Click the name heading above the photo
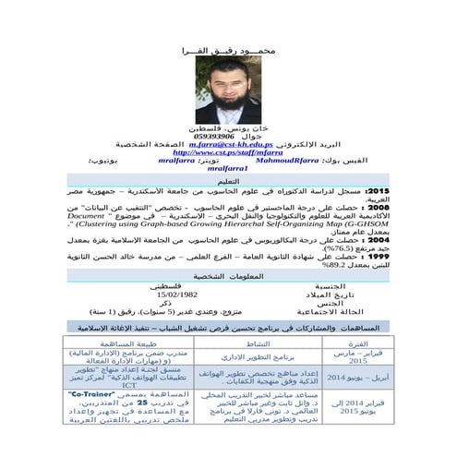pos(229,43)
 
